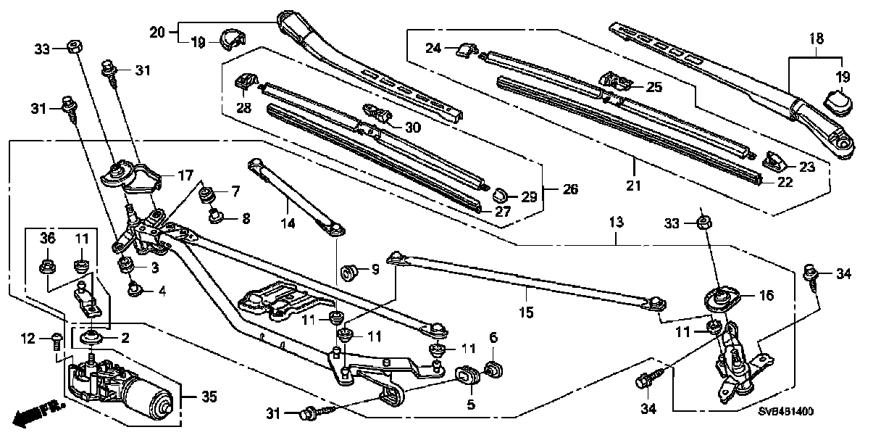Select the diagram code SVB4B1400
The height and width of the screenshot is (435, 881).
pyautogui.click(x=785, y=412)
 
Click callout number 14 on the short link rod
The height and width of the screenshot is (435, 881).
pyautogui.click(x=288, y=224)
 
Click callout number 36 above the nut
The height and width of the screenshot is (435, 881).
pyautogui.click(x=46, y=238)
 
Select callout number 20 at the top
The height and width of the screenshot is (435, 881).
pyautogui.click(x=158, y=32)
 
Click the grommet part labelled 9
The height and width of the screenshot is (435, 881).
pyautogui.click(x=351, y=273)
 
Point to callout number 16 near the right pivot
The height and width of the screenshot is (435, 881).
pyautogui.click(x=767, y=295)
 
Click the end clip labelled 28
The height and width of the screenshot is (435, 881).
pyautogui.click(x=246, y=81)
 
